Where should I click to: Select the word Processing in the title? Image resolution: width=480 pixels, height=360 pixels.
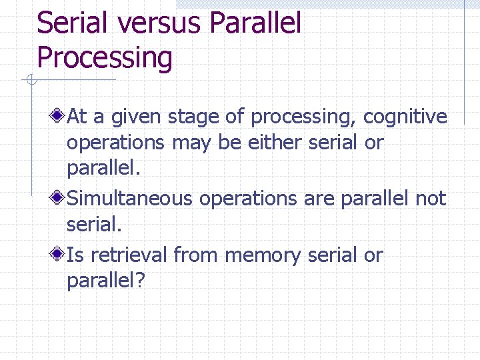click(x=105, y=57)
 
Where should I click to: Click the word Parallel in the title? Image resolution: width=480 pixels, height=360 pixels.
click(x=255, y=23)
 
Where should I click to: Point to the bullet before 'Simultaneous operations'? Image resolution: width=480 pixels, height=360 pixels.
click(x=59, y=198)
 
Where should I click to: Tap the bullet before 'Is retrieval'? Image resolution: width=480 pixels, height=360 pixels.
click(x=59, y=255)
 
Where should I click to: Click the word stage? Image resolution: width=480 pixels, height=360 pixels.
click(x=192, y=117)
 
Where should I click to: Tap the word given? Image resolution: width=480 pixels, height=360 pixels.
click(x=136, y=118)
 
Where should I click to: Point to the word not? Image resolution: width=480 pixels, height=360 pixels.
click(x=431, y=198)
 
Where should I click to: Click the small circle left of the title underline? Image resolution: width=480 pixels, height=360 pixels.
click(x=31, y=81)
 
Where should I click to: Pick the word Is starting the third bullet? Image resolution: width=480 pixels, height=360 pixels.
click(x=75, y=255)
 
